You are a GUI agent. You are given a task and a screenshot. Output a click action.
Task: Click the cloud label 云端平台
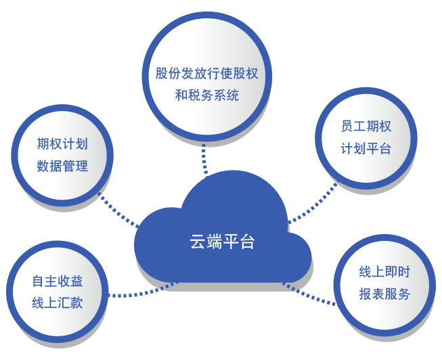pyautogui.click(x=222, y=242)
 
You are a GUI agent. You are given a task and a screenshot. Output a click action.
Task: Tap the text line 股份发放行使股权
pyautogui.click(x=206, y=74)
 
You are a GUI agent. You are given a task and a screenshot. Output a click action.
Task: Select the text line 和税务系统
pyautogui.click(x=206, y=95)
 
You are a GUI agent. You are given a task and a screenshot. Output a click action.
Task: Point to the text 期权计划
pyautogui.click(x=62, y=143)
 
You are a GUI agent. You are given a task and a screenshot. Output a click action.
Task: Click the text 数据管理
pyautogui.click(x=62, y=166)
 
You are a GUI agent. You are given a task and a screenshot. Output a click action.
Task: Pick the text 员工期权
pyautogui.click(x=366, y=126)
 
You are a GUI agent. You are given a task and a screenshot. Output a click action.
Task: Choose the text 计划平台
pyautogui.click(x=366, y=148)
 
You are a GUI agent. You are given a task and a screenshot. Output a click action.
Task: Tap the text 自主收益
pyautogui.click(x=58, y=281)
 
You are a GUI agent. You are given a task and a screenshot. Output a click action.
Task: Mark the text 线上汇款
pyautogui.click(x=58, y=303)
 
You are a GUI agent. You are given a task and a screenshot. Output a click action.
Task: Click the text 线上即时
pyautogui.click(x=384, y=272)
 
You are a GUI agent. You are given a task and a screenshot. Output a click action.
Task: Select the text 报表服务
pyautogui.click(x=384, y=294)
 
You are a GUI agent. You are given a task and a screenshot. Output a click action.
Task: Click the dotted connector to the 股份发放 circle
pyautogui.click(x=204, y=160)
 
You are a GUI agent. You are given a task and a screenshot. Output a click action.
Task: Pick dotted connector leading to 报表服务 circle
pyautogui.click(x=309, y=295)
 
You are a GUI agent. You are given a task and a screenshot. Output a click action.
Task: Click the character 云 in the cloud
pyautogui.click(x=198, y=242)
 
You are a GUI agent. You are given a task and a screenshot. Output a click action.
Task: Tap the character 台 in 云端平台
pyautogui.click(x=247, y=242)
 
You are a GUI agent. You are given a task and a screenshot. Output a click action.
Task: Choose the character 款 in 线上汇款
pyautogui.click(x=76, y=303)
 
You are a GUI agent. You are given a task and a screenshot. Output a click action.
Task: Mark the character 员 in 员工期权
pyautogui.click(x=347, y=126)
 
